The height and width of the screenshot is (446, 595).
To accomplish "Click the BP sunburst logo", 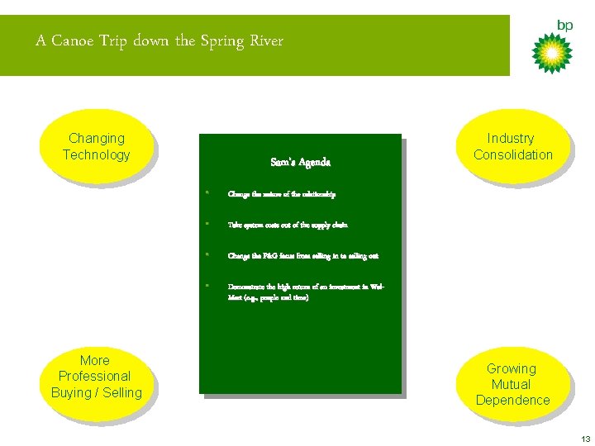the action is click(551, 52).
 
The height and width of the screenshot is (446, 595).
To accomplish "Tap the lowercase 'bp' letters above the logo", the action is click(564, 26).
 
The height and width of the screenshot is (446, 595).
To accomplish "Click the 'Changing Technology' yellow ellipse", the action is click(96, 146).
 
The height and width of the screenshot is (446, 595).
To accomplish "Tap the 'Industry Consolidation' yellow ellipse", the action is click(512, 146).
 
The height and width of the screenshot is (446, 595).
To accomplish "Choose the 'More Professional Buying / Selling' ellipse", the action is click(96, 377).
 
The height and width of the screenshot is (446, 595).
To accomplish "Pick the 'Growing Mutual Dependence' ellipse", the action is click(512, 384).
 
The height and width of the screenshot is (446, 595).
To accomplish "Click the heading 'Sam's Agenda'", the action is click(300, 163).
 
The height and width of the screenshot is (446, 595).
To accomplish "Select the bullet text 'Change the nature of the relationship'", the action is click(282, 194).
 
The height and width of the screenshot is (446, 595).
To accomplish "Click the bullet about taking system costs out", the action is click(288, 225).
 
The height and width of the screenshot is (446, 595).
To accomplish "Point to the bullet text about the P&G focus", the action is click(302, 256).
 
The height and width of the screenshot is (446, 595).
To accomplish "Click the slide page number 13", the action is click(585, 438).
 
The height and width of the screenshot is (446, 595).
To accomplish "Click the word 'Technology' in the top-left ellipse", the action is click(96, 154).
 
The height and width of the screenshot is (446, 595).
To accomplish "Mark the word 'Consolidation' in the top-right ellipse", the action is click(512, 154).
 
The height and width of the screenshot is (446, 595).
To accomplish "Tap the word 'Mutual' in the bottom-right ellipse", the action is click(512, 384).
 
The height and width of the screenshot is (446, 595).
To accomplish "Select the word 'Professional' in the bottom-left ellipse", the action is click(95, 377).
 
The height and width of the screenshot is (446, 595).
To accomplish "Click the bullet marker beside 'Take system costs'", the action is click(208, 224).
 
